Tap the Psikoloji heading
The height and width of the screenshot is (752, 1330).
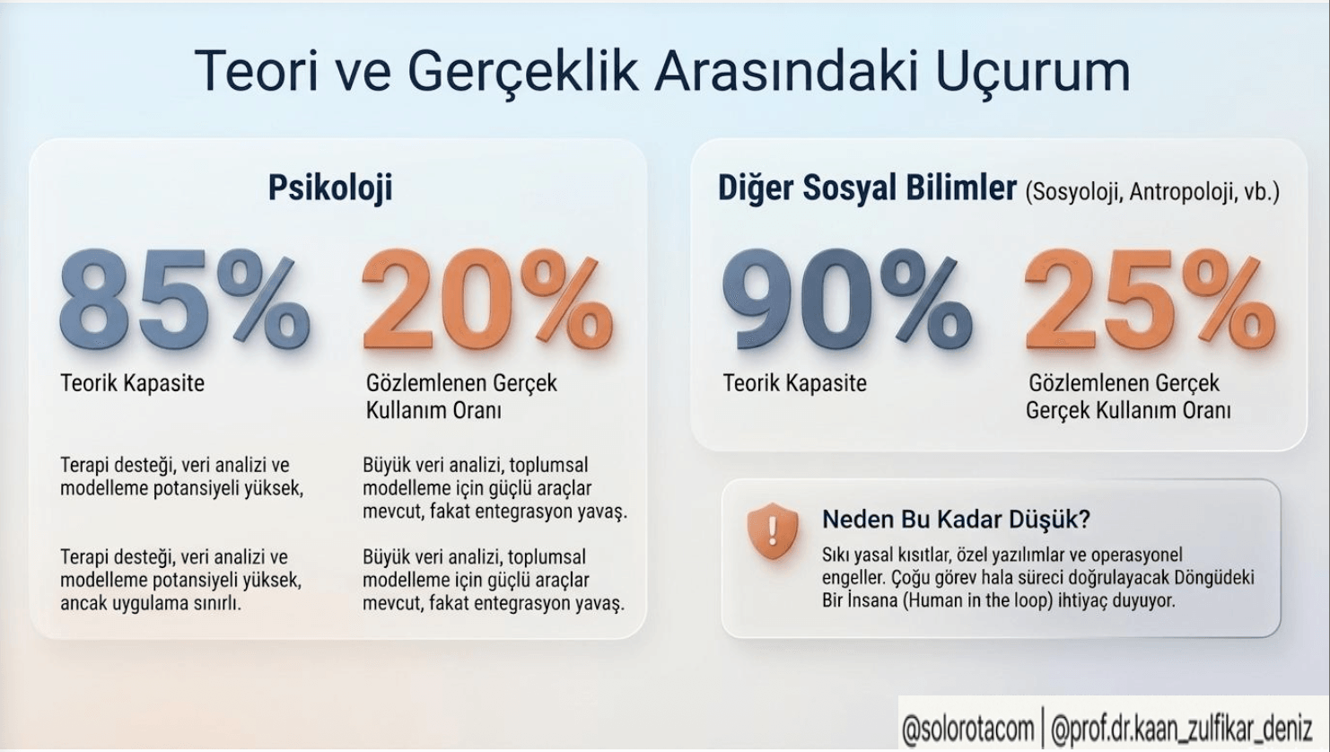pyautogui.click(x=330, y=188)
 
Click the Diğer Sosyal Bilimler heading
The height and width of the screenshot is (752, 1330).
pyautogui.click(x=867, y=188)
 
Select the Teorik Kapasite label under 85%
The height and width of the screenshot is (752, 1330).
pyautogui.click(x=133, y=383)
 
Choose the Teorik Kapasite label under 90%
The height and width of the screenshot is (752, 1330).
pyautogui.click(x=795, y=383)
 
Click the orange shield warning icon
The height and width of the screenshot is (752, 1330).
pyautogui.click(x=773, y=531)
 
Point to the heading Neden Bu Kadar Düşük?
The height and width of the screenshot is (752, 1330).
pyautogui.click(x=956, y=520)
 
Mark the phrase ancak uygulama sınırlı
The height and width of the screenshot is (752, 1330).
pyautogui.click(x=150, y=603)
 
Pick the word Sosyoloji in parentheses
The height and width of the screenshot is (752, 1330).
pyautogui.click(x=1075, y=192)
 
